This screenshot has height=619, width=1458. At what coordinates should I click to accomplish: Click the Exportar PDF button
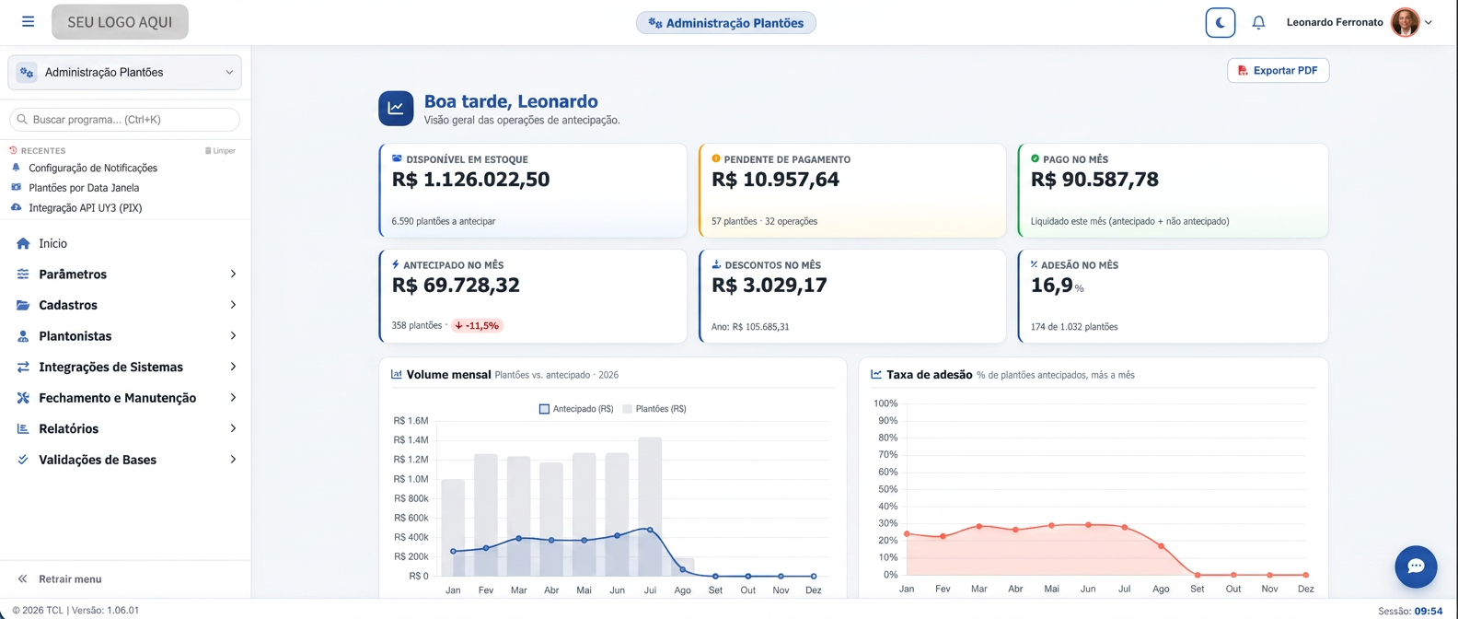1278,70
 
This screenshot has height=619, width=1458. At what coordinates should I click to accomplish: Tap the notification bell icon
1258,23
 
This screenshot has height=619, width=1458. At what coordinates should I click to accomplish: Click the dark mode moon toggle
1220,23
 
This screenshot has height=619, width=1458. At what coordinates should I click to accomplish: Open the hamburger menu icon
28,21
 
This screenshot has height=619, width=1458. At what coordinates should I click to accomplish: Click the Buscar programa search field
124,119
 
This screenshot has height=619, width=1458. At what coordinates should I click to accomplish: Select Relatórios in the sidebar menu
68,428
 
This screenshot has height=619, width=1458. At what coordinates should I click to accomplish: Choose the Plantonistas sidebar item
75,336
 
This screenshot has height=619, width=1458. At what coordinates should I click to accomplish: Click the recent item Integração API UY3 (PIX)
86,208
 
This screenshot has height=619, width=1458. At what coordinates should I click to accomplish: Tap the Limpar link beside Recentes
220,150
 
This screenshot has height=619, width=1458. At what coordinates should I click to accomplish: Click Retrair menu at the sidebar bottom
70,578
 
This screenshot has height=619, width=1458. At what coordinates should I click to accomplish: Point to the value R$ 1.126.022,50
470,180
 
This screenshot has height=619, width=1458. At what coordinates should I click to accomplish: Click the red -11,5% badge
478,325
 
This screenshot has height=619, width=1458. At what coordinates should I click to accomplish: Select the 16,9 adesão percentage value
1051,285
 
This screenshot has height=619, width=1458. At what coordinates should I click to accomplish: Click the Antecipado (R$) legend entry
576,409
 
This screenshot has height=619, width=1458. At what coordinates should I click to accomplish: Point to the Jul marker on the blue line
650,530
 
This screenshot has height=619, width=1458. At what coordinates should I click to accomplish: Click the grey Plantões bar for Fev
486,515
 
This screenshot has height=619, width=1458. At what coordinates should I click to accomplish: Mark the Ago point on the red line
1162,546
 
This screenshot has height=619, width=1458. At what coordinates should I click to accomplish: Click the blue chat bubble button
1416,566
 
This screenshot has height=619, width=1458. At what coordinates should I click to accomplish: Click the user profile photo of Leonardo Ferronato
1405,22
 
